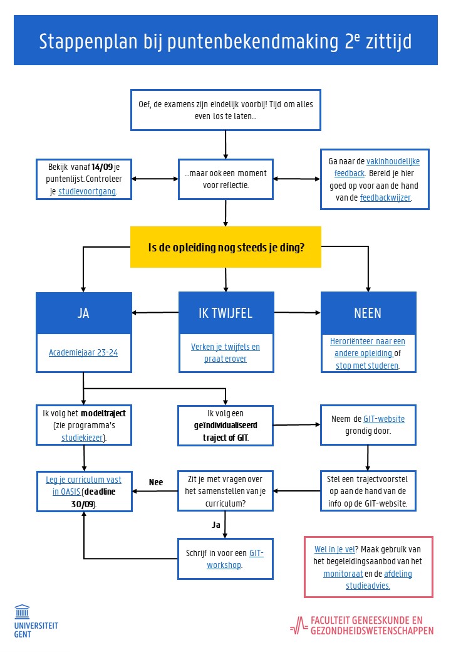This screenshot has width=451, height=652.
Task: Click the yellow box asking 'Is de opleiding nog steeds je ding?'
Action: [x=225, y=247]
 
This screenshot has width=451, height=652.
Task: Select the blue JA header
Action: [x=83, y=312]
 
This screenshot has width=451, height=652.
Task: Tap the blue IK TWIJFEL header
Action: [x=225, y=312]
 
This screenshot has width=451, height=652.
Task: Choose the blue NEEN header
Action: [x=367, y=312]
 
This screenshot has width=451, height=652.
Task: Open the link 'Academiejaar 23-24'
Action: [x=83, y=352]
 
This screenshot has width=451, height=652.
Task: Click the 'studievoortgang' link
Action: [x=87, y=192]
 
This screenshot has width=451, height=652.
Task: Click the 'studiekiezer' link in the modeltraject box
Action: [x=83, y=437]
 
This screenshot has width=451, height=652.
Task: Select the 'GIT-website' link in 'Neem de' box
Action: [x=384, y=419]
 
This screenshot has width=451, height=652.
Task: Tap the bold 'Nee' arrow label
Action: [x=156, y=482]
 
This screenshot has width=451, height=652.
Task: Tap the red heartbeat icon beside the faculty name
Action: [x=298, y=625]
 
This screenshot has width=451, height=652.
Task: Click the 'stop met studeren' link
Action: [x=367, y=365]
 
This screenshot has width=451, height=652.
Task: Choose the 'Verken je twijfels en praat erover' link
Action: [x=225, y=352]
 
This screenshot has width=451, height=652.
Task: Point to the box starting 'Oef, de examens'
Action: [x=225, y=110]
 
